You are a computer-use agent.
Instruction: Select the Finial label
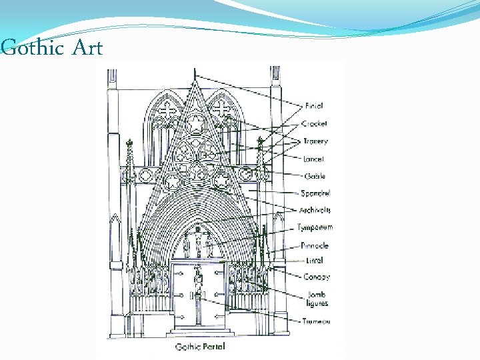(x=314, y=105)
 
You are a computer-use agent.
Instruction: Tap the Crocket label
(x=315, y=123)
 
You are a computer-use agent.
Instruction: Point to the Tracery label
(x=315, y=141)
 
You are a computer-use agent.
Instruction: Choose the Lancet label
(x=313, y=159)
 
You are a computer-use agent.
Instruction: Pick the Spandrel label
(x=315, y=193)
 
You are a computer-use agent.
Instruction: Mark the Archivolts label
(x=315, y=211)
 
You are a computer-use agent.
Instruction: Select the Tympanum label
(x=315, y=228)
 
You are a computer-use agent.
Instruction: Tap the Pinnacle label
(x=315, y=245)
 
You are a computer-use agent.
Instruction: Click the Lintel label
(x=314, y=261)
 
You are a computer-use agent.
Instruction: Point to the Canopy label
(x=316, y=277)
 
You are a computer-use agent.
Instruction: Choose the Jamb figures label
(x=317, y=299)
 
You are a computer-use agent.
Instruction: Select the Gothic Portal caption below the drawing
(x=201, y=347)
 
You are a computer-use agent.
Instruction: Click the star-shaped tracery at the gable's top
(x=196, y=124)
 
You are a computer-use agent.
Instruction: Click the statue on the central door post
(x=198, y=280)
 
